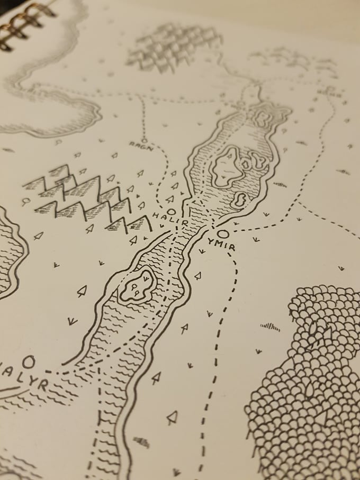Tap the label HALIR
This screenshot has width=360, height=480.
click(x=170, y=219)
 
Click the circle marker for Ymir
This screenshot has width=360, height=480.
click(x=223, y=233)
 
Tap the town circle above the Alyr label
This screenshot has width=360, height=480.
click(x=29, y=361)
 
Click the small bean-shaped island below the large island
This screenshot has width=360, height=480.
click(x=239, y=199)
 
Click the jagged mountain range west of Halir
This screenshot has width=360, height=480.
click(x=85, y=198)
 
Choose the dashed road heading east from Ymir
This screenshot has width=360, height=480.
click(x=275, y=222)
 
